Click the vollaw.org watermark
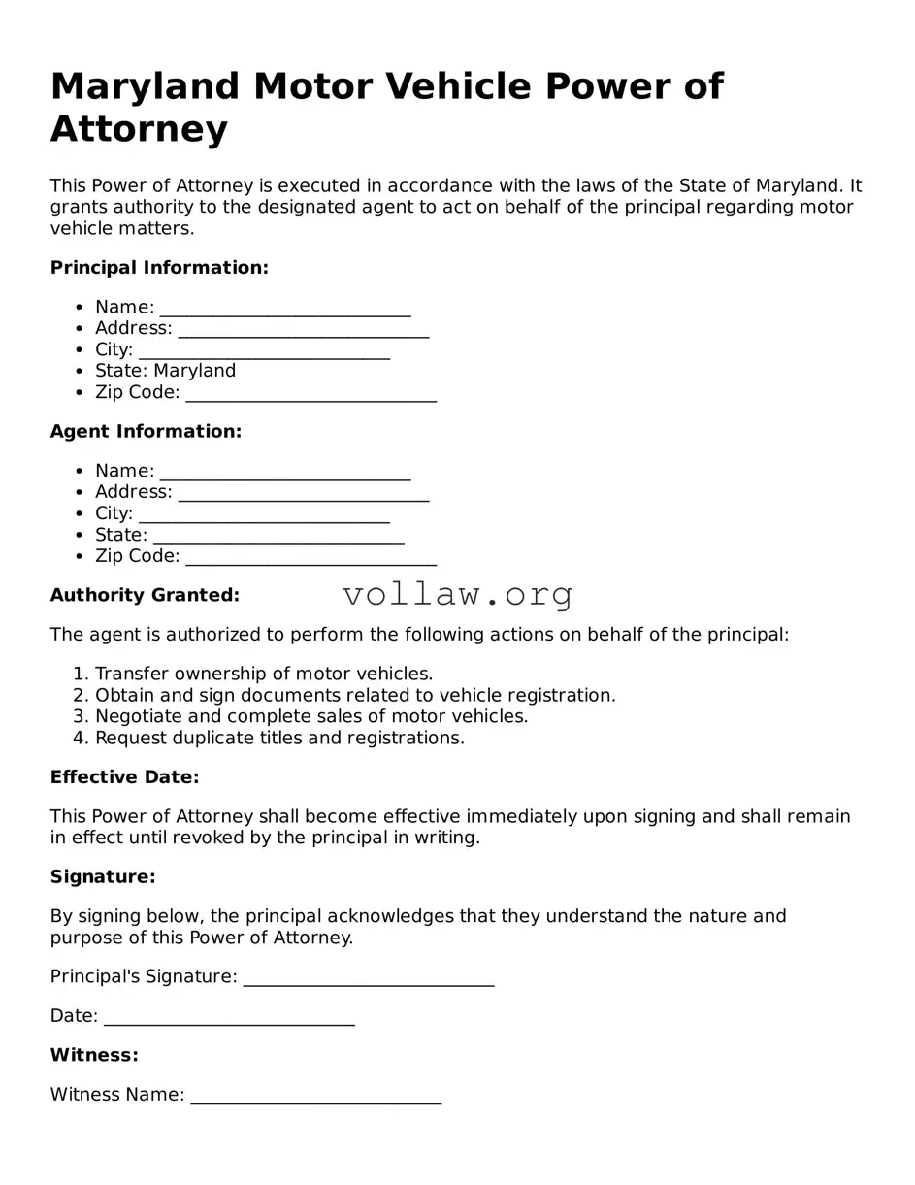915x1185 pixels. [458, 594]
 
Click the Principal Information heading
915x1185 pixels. [159, 267]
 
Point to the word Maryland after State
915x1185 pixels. [194, 371]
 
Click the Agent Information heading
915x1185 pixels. [146, 431]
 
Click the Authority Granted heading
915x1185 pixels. [145, 595]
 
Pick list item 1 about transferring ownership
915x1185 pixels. [263, 674]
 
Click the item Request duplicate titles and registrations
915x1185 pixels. [279, 738]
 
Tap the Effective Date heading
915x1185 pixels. [124, 777]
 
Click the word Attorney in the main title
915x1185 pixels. [139, 129]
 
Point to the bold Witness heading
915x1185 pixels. [94, 1055]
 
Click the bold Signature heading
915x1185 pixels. [103, 877]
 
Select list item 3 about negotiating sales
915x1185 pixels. [310, 716]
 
